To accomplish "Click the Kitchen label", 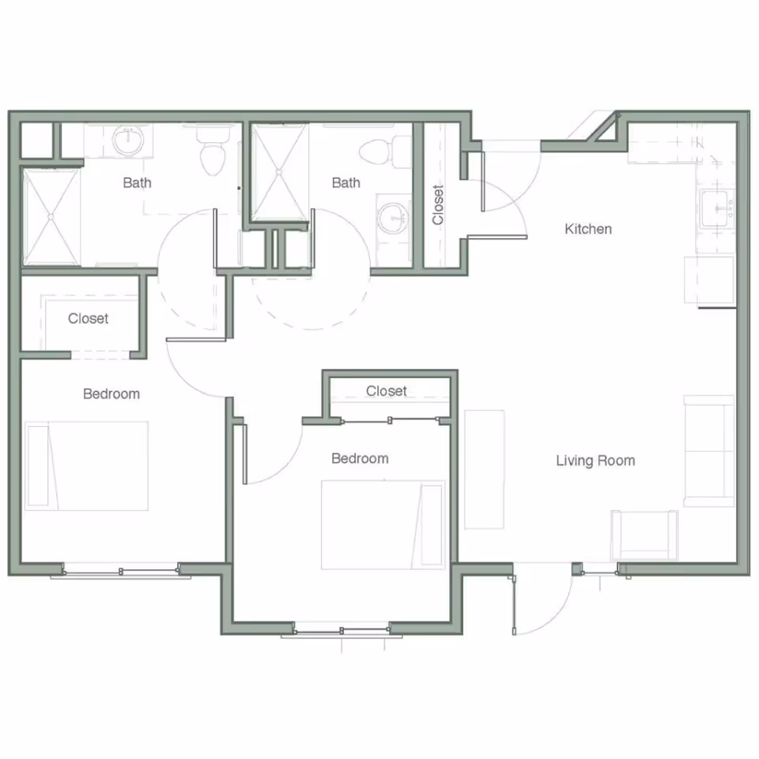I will (588, 229).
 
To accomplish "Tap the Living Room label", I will (595, 460).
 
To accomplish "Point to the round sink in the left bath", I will (128, 142).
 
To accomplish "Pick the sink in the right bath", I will (392, 217).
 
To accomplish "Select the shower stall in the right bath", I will (278, 169).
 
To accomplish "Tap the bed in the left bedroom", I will (87, 466).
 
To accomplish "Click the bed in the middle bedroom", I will (383, 524).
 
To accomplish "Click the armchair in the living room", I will (644, 534).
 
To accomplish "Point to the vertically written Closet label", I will (439, 205).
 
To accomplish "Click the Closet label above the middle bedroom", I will (387, 391).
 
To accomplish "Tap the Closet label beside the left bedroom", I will (89, 319).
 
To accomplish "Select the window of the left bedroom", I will (120, 569).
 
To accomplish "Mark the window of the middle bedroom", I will (341, 630).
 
